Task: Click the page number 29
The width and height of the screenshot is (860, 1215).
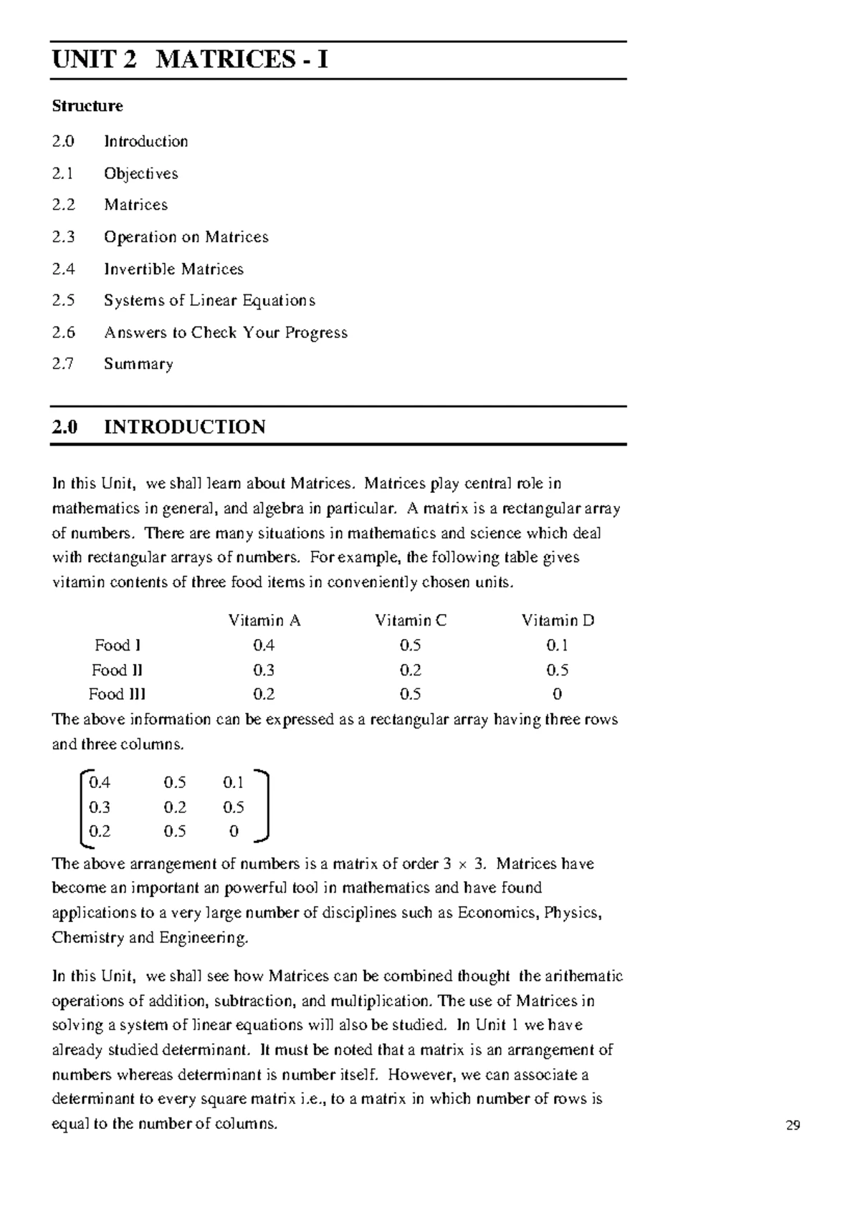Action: (793, 1125)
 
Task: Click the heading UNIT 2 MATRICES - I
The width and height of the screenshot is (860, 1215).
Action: (190, 59)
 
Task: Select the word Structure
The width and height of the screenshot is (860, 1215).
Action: (87, 106)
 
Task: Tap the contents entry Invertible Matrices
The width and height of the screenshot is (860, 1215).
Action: (173, 269)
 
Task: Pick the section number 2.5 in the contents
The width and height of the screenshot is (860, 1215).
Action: (63, 300)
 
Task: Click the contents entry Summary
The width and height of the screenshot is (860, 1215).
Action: (138, 364)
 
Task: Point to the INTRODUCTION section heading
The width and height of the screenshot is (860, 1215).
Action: (184, 427)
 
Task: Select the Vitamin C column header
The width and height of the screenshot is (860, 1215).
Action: (411, 620)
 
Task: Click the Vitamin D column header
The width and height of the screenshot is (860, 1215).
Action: (558, 620)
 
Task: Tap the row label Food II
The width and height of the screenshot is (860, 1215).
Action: (117, 670)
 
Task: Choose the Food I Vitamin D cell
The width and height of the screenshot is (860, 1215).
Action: (557, 645)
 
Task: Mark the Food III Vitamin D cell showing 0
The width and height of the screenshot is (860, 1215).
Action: (558, 694)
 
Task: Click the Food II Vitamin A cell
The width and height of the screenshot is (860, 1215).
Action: (264, 670)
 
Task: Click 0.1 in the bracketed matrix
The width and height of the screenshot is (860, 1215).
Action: (234, 782)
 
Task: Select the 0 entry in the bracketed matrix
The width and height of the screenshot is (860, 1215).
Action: (234, 832)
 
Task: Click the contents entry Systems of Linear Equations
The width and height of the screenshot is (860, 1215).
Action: (209, 300)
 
